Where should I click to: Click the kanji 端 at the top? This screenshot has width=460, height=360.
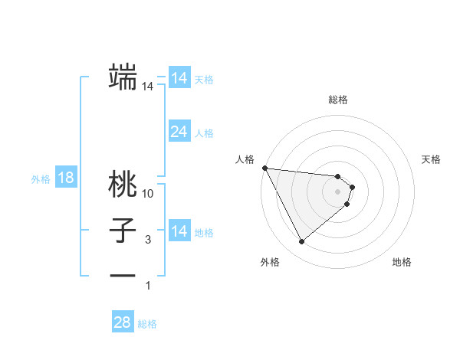[x=123, y=76]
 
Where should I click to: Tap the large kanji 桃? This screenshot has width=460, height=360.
[x=123, y=184]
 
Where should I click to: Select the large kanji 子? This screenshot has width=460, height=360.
[x=123, y=230]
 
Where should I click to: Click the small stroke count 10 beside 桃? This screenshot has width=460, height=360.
[x=148, y=194]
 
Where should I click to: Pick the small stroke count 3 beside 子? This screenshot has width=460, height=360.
[x=148, y=240]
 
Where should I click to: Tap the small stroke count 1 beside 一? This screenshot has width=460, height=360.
[x=148, y=286]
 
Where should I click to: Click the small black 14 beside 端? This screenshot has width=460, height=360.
[x=148, y=87]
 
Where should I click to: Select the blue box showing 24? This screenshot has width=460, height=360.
[x=179, y=132]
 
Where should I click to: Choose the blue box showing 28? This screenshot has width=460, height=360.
[x=122, y=322]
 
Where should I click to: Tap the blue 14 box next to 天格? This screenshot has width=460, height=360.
[x=179, y=78]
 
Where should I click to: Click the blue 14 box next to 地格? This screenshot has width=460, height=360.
[x=179, y=231]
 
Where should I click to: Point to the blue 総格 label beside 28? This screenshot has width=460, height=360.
[x=147, y=324]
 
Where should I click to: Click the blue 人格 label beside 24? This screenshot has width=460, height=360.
[x=204, y=133]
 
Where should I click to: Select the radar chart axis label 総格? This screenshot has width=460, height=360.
[x=338, y=100]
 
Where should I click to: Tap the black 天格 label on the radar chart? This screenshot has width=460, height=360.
[x=432, y=159]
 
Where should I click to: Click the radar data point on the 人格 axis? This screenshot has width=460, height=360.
[x=264, y=167]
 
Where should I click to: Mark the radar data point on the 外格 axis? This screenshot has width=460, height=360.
[x=302, y=242]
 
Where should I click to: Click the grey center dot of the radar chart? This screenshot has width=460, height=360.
[x=338, y=191]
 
